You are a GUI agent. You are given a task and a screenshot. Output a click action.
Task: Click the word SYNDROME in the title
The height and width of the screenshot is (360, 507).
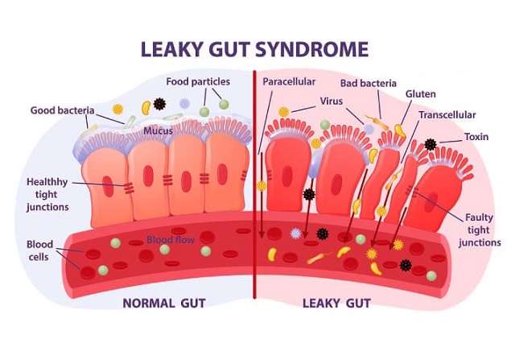pos(311,49)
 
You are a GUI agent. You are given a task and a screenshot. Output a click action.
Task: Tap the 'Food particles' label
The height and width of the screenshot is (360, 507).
pos(198,82)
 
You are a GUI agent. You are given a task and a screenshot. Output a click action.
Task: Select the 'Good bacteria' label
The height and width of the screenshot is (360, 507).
pos(63,110)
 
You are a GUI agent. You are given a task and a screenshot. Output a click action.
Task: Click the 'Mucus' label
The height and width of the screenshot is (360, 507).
pos(158,131)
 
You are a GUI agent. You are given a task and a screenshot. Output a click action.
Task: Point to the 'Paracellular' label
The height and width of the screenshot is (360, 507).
pos(289,81)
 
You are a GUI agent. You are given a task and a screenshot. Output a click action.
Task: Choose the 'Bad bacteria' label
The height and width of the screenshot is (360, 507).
pos(369,83)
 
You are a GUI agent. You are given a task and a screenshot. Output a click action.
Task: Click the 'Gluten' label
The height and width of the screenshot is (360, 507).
pos(420,94)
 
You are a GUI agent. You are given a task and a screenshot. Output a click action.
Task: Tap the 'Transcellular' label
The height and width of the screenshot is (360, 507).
pos(447,115)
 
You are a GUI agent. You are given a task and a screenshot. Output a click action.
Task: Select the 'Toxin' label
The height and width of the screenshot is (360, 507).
pos(476,137)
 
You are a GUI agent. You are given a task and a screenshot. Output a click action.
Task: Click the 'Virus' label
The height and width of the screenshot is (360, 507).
pos(331,101)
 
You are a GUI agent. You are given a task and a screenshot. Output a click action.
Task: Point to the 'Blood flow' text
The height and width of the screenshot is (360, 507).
pos(171,240)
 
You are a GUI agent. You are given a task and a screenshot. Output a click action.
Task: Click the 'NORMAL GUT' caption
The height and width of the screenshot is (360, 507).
pos(164,304)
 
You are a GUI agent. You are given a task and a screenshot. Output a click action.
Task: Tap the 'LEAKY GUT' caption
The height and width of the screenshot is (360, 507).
pos(336,304)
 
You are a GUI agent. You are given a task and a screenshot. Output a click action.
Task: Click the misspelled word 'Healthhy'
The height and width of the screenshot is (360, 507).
pos(47,182)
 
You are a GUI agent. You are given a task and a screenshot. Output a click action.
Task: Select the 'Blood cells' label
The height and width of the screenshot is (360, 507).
pos(39,250)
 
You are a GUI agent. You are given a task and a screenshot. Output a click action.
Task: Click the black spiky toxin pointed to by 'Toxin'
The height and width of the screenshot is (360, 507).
pos(431,144)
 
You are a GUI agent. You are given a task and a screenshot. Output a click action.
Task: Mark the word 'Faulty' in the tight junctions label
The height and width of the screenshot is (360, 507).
pos(479,217)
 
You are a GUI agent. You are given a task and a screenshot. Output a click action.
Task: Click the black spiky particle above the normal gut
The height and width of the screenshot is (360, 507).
pos(159,104)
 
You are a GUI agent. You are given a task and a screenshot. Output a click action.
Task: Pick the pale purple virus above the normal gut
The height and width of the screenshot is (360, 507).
pos(184,104)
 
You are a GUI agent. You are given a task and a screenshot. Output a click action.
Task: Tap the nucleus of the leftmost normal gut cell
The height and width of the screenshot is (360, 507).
pos(108,186)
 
